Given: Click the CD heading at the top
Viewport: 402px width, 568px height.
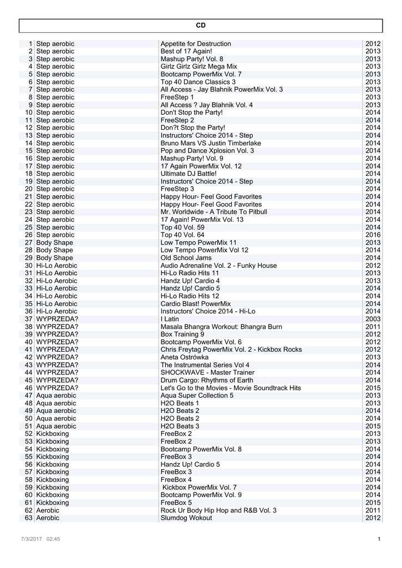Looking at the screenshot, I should coord(201,26).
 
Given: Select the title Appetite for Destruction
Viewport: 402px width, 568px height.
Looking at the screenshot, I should coord(196,44).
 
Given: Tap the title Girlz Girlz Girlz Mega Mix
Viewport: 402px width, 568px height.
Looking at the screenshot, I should coord(199,67).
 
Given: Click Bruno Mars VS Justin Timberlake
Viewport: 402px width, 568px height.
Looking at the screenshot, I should coord(211,143).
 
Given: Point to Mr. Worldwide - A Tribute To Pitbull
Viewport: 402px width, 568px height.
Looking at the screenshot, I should coord(213,212).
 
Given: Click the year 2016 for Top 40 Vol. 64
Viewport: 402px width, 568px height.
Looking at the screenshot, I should coord(373,235).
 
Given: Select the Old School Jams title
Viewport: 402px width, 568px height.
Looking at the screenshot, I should coord(186,258).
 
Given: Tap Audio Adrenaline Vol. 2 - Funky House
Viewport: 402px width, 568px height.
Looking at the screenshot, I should coord(218,266).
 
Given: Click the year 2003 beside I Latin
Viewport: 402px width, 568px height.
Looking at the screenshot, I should coord(373,319).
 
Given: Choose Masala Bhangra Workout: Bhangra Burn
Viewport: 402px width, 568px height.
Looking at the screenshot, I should coord(221,327).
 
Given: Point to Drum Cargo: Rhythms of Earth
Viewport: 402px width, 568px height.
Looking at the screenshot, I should coord(207,381).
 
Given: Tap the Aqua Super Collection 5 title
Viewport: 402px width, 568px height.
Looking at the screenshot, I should coord(197,395).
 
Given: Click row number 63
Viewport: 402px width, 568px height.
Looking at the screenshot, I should coord(29,518).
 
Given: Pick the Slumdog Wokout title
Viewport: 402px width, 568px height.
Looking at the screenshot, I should coord(186,518).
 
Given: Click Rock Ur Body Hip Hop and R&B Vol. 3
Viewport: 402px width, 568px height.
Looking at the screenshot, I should coord(218,510).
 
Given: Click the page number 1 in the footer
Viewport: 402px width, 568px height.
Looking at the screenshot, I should coord(379,539).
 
